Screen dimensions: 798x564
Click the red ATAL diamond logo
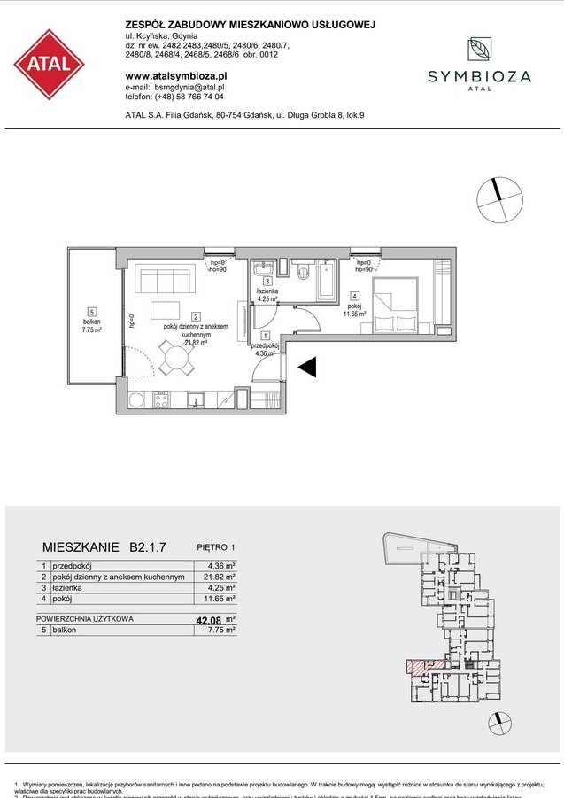pyautogui.click(x=49, y=64)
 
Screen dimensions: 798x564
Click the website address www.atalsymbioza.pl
pyautogui.click(x=176, y=76)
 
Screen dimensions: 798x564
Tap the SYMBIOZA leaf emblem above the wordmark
pyautogui.click(x=479, y=50)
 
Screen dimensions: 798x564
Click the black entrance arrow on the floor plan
pyautogui.click(x=306, y=367)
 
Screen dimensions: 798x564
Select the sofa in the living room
pyautogui.click(x=164, y=282)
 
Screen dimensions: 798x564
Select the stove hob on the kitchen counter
pyautogui.click(x=162, y=400)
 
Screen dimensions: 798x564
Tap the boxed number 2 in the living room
pyautogui.click(x=194, y=316)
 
